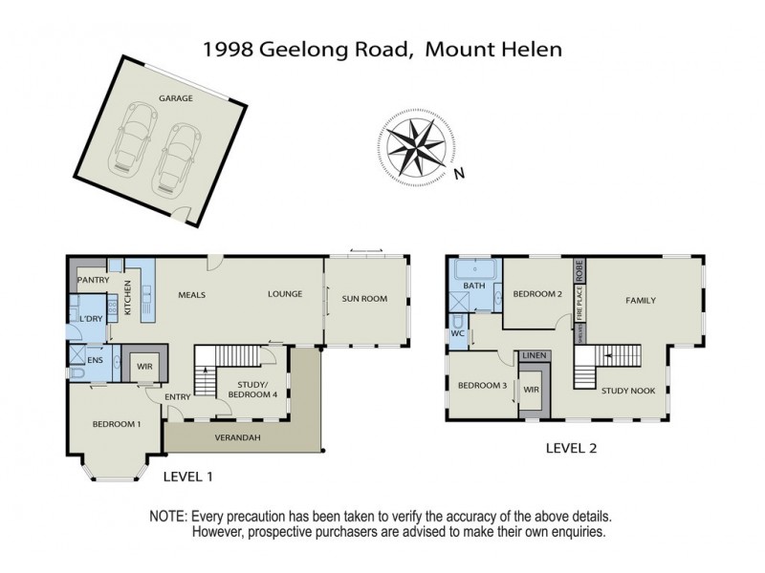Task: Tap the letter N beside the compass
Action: point(459,174)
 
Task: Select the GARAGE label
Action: point(176,98)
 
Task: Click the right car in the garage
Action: point(177,152)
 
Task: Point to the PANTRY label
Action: point(93,280)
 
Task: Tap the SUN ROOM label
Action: point(364,299)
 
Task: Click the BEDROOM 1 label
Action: point(116,424)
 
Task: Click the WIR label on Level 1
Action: point(146,365)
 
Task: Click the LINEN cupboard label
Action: point(535,356)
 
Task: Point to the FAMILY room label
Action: point(641,301)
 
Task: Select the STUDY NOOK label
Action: point(627,390)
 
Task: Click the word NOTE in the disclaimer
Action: point(167,516)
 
